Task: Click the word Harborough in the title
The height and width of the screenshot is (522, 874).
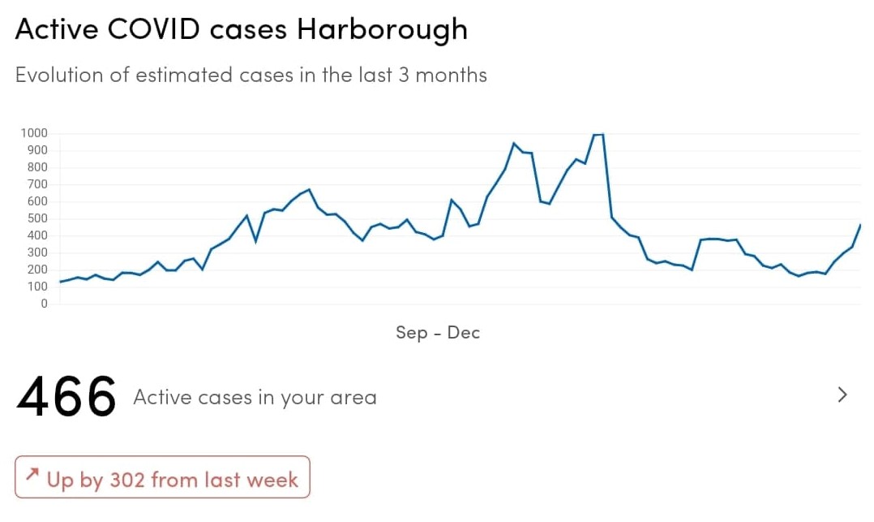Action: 382,29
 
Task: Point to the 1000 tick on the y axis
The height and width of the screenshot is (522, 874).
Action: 33,133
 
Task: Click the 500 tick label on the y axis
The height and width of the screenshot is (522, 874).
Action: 36,218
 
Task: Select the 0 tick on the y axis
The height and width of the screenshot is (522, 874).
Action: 45,304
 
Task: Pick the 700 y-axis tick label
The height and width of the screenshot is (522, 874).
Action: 36,184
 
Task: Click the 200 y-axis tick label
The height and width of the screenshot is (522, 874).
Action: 36,270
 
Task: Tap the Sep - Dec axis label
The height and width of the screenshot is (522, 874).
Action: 438,333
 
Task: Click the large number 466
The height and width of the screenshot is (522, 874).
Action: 66,398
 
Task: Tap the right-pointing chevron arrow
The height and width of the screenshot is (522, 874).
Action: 842,395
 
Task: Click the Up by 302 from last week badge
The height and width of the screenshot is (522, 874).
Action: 162,478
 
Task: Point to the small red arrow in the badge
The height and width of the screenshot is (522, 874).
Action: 32,473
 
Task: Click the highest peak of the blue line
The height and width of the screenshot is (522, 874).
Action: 598,135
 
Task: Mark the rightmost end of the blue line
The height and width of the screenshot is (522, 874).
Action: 859,225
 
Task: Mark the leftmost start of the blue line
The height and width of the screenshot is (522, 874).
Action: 61,282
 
